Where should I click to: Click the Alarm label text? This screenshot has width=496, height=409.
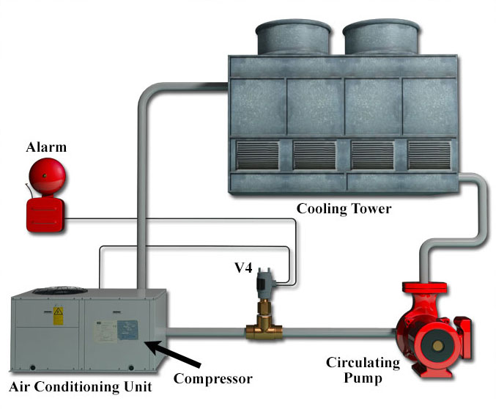pyautogui.click(x=46, y=147)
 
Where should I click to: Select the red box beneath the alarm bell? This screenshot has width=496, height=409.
pyautogui.click(x=45, y=215)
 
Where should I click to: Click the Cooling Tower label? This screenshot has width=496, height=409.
pyautogui.click(x=344, y=209)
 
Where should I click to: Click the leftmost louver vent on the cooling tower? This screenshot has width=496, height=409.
pyautogui.click(x=256, y=155)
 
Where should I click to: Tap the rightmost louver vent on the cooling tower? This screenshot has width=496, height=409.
pyautogui.click(x=429, y=155)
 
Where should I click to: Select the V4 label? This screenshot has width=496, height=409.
pyautogui.click(x=243, y=268)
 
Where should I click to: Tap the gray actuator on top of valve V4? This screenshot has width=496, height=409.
pyautogui.click(x=262, y=283)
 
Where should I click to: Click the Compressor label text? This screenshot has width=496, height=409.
pyautogui.click(x=212, y=379)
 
